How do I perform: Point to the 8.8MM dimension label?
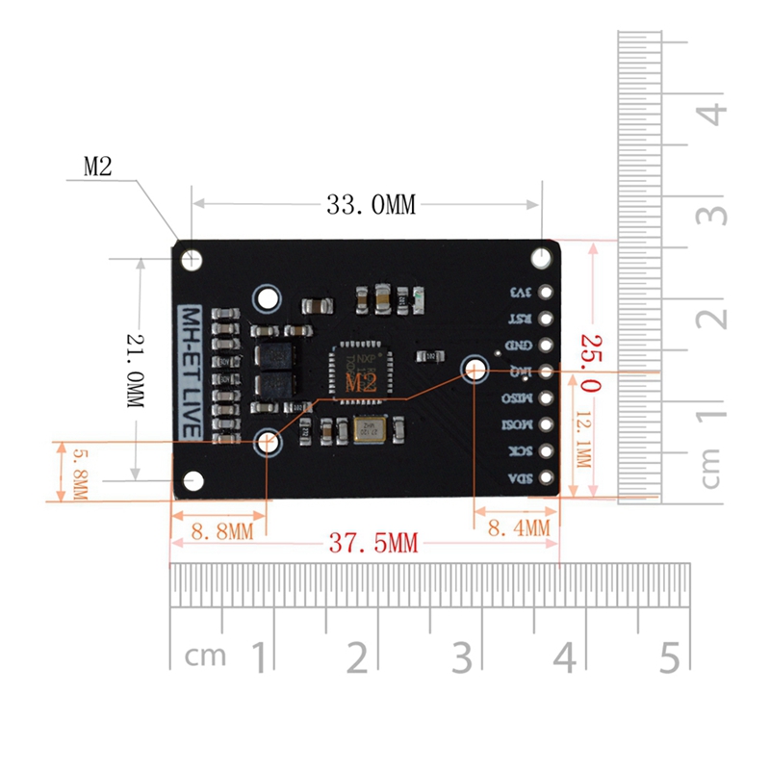click(221, 529)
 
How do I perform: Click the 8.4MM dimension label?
click(519, 527)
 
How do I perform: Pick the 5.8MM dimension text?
click(79, 472)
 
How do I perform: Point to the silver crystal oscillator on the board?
click(368, 429)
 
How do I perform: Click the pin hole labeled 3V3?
click(547, 292)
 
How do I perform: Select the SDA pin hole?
click(547, 476)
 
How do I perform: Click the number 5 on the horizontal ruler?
click(671, 657)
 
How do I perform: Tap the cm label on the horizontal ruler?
click(206, 656)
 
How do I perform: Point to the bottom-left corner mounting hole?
click(194, 479)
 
